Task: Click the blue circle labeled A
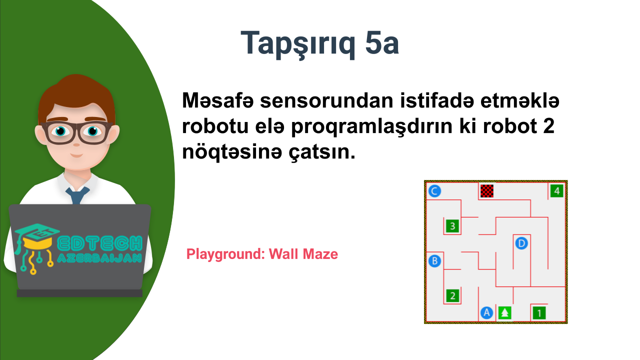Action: tap(487, 313)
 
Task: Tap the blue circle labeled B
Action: tap(434, 261)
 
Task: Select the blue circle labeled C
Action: tap(434, 191)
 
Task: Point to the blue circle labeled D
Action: tap(521, 243)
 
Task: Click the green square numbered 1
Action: tap(539, 313)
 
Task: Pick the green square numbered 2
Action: tap(452, 295)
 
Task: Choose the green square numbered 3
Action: tap(452, 226)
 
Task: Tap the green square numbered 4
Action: tap(556, 191)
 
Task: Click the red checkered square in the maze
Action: tap(487, 191)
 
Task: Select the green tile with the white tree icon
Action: tap(504, 313)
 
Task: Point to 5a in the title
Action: tap(381, 43)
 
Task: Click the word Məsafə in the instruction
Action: tap(217, 100)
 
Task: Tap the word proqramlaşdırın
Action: tap(371, 127)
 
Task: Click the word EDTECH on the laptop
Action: tap(99, 243)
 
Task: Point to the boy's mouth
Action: tap(76, 155)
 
